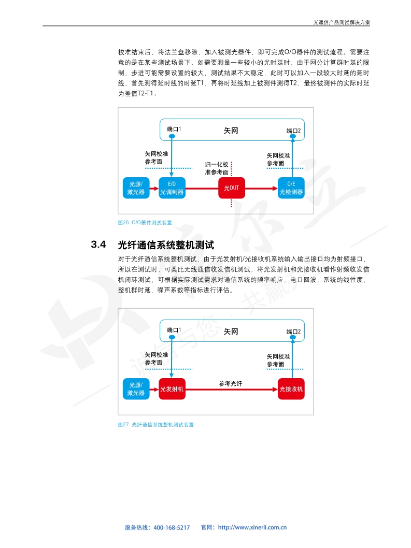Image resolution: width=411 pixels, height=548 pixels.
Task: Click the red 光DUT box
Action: (x=231, y=188)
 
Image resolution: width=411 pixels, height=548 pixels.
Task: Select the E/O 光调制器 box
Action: (x=172, y=188)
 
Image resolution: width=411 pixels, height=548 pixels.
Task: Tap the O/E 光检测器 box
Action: (x=291, y=188)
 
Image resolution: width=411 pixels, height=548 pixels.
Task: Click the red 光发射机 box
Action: (x=172, y=389)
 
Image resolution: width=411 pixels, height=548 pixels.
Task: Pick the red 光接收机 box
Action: (x=291, y=389)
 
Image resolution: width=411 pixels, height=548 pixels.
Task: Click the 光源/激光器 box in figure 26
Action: (x=136, y=188)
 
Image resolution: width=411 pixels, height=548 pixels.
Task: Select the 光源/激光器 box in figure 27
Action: (x=136, y=389)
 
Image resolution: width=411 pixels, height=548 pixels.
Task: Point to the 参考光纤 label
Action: (x=231, y=383)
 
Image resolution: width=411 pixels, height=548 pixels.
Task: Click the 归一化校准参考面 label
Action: (x=217, y=168)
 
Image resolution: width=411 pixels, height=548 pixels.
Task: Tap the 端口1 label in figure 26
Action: (x=174, y=129)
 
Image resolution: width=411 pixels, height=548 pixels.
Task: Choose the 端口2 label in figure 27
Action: (x=293, y=331)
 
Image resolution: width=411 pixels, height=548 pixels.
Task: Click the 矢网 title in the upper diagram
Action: (x=231, y=131)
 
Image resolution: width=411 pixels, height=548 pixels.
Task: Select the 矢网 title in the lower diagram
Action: (x=231, y=331)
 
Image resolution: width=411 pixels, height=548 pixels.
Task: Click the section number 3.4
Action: (x=98, y=244)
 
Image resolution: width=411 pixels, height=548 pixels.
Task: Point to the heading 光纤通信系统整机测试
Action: (x=166, y=245)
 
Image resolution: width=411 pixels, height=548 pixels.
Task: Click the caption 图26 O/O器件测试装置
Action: (x=145, y=223)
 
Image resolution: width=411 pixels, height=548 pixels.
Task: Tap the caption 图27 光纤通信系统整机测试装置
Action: (x=155, y=425)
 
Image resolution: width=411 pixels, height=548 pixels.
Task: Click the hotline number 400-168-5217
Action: (x=172, y=527)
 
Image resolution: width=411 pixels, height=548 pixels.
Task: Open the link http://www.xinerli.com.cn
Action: (x=252, y=527)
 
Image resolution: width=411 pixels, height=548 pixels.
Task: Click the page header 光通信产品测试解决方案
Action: (x=342, y=22)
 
